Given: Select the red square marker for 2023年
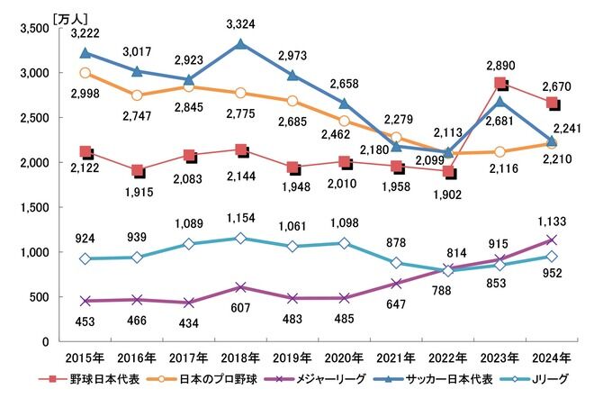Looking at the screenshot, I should click(500, 84).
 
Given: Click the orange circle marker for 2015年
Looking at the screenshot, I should click(85, 73).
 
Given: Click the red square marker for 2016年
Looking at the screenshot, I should click(137, 170).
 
